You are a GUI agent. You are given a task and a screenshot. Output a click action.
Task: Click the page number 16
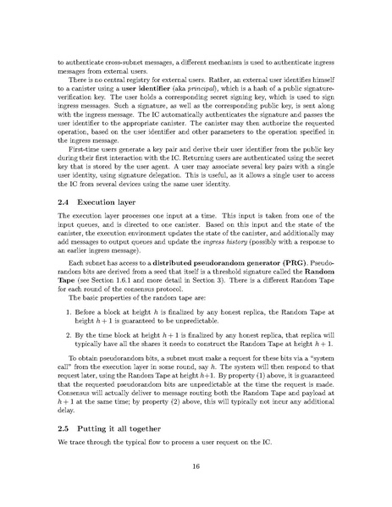point(196,466)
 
